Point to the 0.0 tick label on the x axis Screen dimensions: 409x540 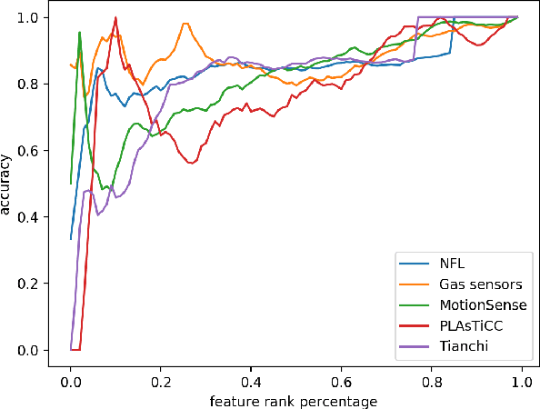(70, 382)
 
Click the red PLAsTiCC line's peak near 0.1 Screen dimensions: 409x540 (115, 17)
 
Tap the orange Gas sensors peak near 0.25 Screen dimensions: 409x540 (185, 24)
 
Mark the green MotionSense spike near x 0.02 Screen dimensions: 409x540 (79, 32)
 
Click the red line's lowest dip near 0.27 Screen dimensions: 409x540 (191, 163)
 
